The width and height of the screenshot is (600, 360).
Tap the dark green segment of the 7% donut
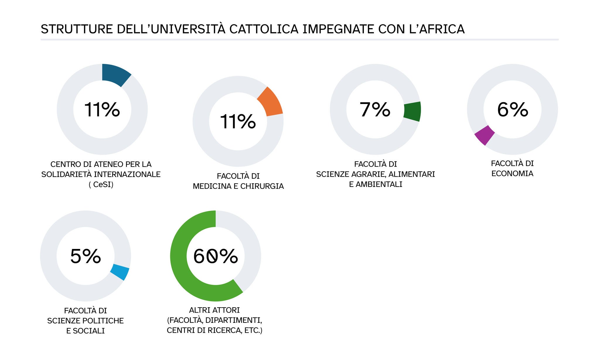(x=412, y=111)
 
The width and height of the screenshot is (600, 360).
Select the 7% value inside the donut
(x=375, y=110)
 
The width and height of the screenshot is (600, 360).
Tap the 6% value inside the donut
(x=512, y=110)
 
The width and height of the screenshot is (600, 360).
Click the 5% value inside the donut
(x=86, y=256)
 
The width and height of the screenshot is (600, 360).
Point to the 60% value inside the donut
(x=215, y=256)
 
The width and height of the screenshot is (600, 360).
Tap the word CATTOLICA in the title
(x=264, y=29)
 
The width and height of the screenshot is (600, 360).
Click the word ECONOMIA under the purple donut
(x=512, y=174)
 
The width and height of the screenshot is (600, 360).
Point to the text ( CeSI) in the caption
(x=101, y=185)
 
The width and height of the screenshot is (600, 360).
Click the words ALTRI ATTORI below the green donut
(x=214, y=310)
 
